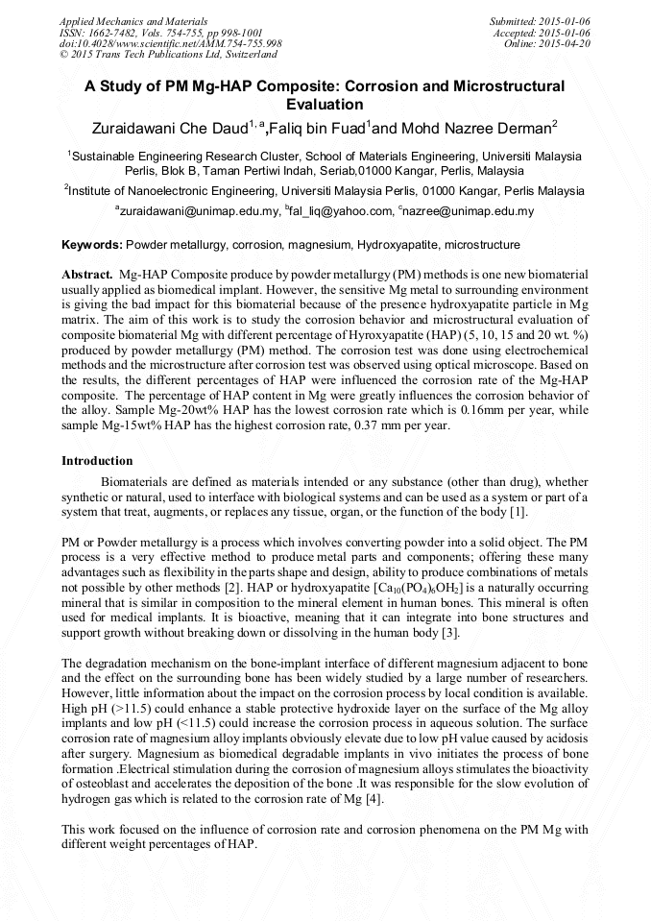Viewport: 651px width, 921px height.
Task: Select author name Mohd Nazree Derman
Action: pyautogui.click(x=474, y=126)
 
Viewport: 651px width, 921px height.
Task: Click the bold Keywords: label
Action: pyautogui.click(x=92, y=246)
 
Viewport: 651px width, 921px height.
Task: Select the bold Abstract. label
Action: pyautogui.click(x=87, y=275)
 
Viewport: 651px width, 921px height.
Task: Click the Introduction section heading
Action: pyautogui.click(x=97, y=461)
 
